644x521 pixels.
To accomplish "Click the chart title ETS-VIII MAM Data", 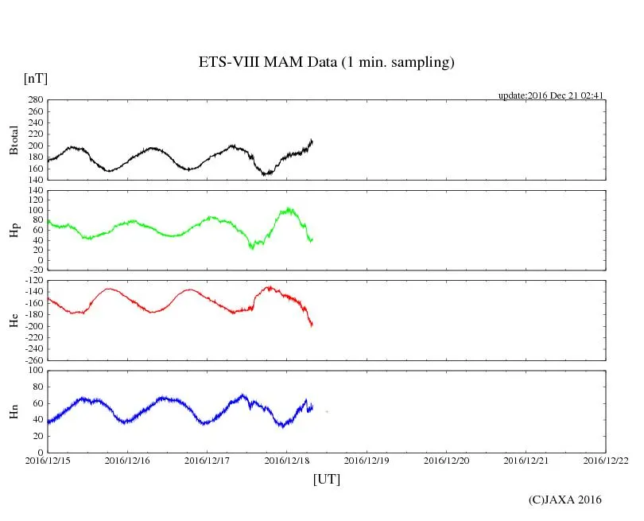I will pyautogui.click(x=326, y=63).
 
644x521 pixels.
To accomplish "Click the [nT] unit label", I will pyautogui.click(x=36, y=79).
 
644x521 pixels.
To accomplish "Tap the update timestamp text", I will pyautogui.click(x=552, y=95).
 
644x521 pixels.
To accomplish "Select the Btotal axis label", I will pyautogui.click(x=14, y=139).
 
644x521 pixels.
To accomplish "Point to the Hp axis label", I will pyautogui.click(x=14, y=231).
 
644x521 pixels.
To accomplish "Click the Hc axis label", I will pyautogui.click(x=14, y=321).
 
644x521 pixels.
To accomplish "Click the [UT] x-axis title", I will pyautogui.click(x=326, y=479).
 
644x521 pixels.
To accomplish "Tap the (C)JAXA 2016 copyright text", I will pyautogui.click(x=564, y=500).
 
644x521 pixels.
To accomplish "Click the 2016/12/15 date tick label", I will pyautogui.click(x=48, y=460).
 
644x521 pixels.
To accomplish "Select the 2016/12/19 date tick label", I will pyautogui.click(x=367, y=460).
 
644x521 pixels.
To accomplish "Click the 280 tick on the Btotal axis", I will pyautogui.click(x=35, y=100).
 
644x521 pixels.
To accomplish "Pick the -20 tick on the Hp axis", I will pyautogui.click(x=35, y=270).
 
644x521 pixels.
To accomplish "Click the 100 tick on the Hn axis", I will pyautogui.click(x=35, y=371).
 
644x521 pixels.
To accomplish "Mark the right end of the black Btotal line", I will pyautogui.click(x=312, y=141).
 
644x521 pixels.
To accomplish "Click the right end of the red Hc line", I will pyautogui.click(x=312, y=325).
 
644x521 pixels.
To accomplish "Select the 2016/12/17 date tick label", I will pyautogui.click(x=208, y=460).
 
